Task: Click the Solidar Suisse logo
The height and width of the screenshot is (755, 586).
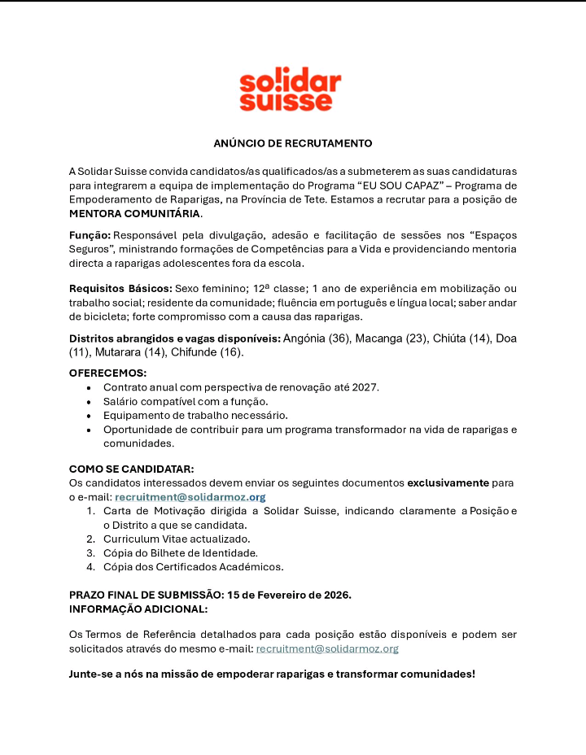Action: (x=291, y=89)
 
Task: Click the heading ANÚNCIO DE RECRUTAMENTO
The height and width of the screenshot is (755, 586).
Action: (x=293, y=143)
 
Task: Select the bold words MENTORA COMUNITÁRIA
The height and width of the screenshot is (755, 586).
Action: (x=134, y=214)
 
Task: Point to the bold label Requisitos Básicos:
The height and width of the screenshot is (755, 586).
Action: (x=120, y=289)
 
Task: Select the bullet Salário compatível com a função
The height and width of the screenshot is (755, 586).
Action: (x=186, y=401)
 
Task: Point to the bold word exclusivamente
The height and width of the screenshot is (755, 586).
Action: (x=448, y=482)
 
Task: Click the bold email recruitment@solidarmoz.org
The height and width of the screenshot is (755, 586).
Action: (x=190, y=496)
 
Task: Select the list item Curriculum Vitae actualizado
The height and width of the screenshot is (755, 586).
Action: (x=177, y=539)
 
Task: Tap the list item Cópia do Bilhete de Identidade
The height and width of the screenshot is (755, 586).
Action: (x=180, y=552)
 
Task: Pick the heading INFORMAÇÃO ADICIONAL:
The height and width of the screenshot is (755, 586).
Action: (x=138, y=609)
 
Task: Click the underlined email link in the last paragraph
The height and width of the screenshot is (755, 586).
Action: (x=327, y=648)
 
